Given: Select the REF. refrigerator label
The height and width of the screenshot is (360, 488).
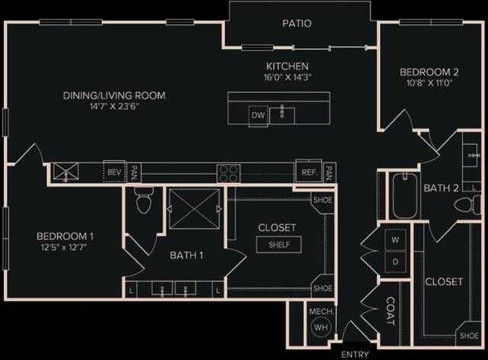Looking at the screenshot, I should [x=309, y=172].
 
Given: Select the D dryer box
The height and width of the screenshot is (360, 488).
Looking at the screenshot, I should [x=395, y=262].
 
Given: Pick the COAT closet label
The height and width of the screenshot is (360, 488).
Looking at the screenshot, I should [x=390, y=311].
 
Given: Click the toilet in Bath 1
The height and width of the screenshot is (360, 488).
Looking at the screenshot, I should [x=143, y=202].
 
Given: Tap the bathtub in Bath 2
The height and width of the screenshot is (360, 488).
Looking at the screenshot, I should [x=402, y=197].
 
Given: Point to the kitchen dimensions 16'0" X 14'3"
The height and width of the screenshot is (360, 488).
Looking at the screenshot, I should [x=287, y=77].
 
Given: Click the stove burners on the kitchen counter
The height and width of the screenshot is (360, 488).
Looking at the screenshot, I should [x=228, y=172].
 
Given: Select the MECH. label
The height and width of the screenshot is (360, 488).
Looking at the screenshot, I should [x=319, y=311].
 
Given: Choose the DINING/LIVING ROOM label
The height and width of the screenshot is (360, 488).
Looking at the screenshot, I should [x=114, y=95].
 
